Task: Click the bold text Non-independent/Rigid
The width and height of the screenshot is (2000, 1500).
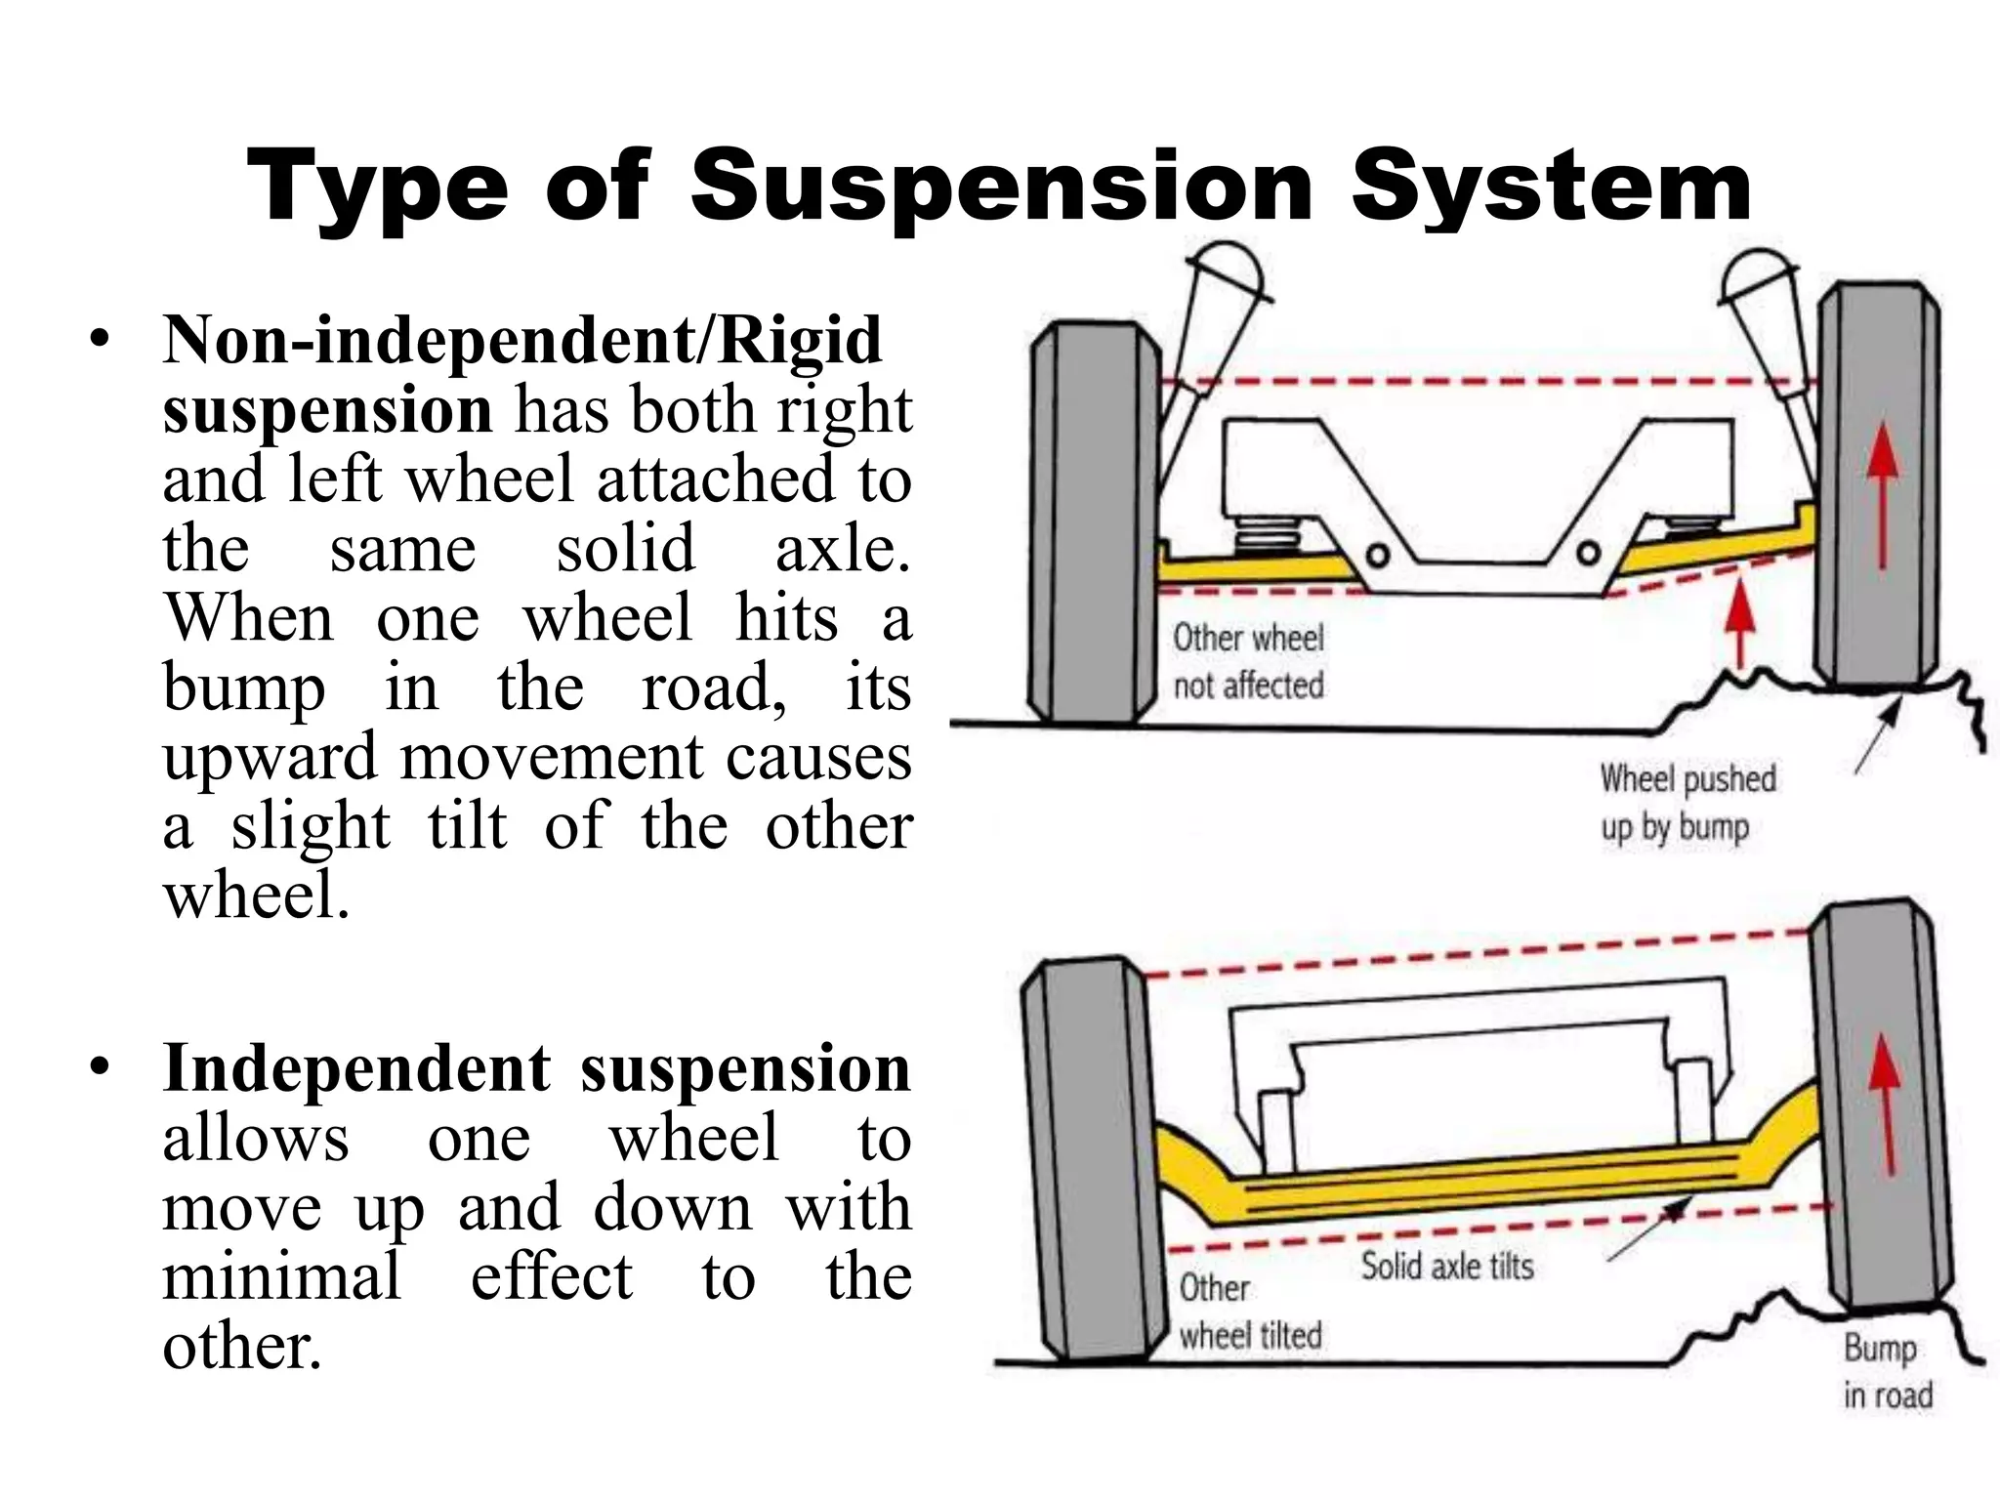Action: (x=522, y=340)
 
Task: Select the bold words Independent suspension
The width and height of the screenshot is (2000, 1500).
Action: (x=536, y=1067)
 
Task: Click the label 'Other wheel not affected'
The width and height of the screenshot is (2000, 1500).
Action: (x=1248, y=661)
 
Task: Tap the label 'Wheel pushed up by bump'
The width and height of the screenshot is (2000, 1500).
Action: (x=1687, y=802)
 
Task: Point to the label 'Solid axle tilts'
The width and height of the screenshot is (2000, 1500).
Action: (x=1447, y=1266)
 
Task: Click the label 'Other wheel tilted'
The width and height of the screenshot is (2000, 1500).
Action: (x=1249, y=1312)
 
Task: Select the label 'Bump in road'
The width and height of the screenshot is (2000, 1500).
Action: (x=1887, y=1371)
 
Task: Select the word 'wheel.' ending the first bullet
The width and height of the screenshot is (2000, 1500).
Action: (x=256, y=896)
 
